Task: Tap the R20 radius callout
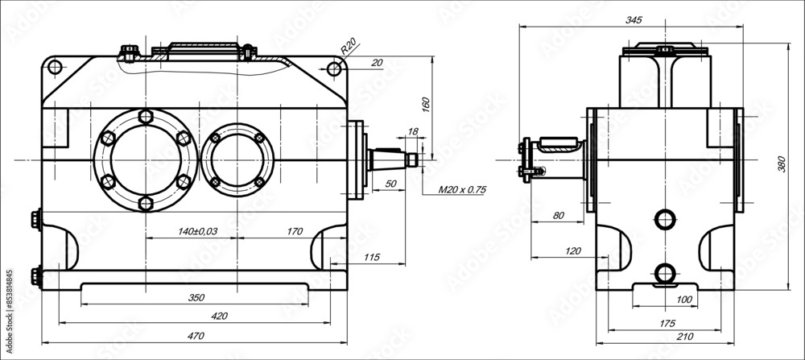348,47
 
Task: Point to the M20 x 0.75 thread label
462,191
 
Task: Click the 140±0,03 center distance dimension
197,232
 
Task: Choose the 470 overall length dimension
194,336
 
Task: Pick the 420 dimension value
218,316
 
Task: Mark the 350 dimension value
196,297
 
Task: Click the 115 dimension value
371,257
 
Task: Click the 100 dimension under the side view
683,300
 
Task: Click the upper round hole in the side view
665,218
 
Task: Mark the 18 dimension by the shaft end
413,131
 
